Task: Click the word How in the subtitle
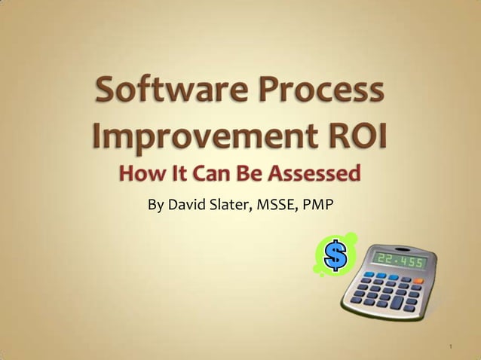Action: (140, 175)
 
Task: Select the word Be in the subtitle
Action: (244, 175)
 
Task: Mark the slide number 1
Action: (450, 347)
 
